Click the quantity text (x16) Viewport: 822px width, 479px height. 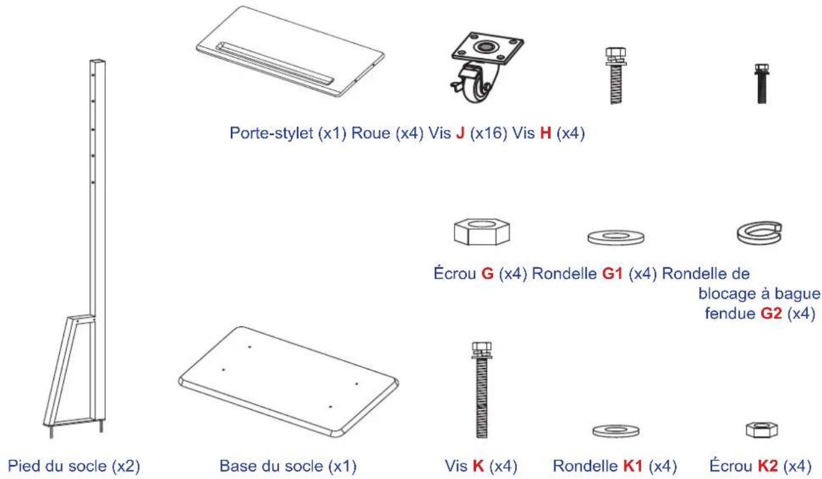[487, 134]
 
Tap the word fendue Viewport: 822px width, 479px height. [730, 314]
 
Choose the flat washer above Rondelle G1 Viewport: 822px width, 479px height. [615, 237]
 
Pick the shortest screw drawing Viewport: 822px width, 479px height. [761, 83]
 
